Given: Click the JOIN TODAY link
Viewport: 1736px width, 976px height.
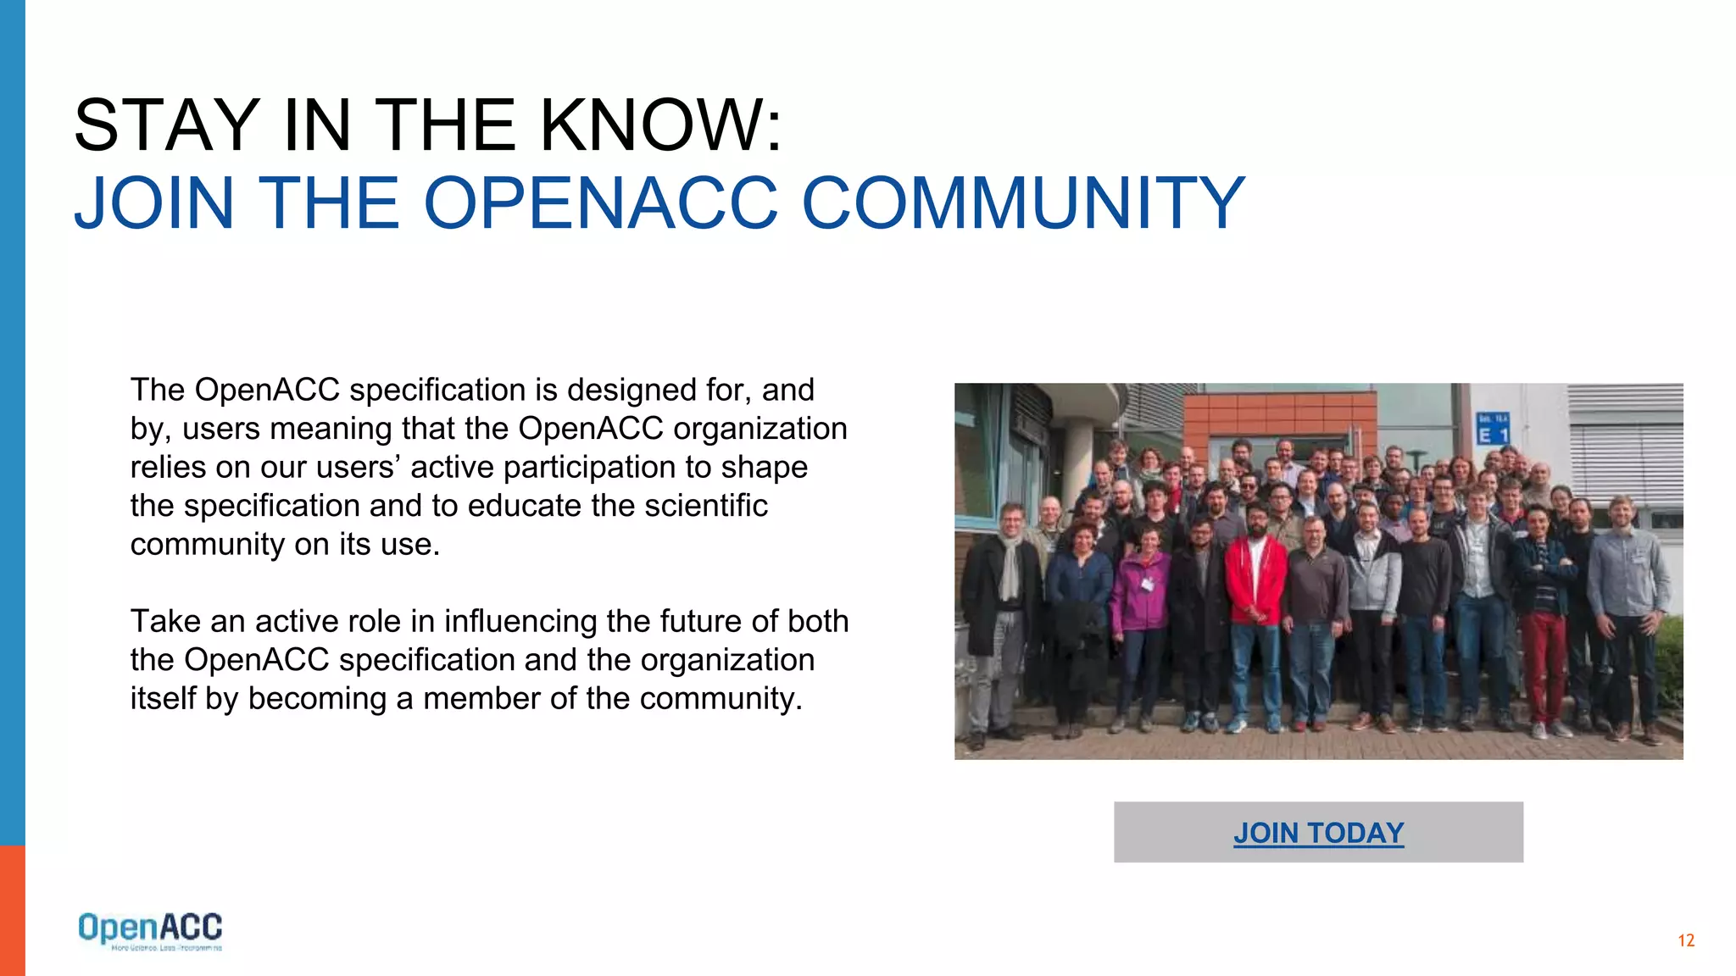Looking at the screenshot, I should [x=1318, y=833].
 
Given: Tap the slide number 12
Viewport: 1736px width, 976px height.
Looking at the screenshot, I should [x=1685, y=940].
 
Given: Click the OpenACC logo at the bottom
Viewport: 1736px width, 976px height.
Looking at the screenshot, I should [x=150, y=930].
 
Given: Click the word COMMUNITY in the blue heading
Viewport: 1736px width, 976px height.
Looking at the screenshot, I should [x=1023, y=203].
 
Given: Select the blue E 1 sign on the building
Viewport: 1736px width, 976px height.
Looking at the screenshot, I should [x=1492, y=429].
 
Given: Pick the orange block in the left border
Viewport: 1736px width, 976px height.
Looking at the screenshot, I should [x=12, y=911].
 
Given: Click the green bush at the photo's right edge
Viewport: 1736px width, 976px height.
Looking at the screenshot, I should [x=1670, y=661].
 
